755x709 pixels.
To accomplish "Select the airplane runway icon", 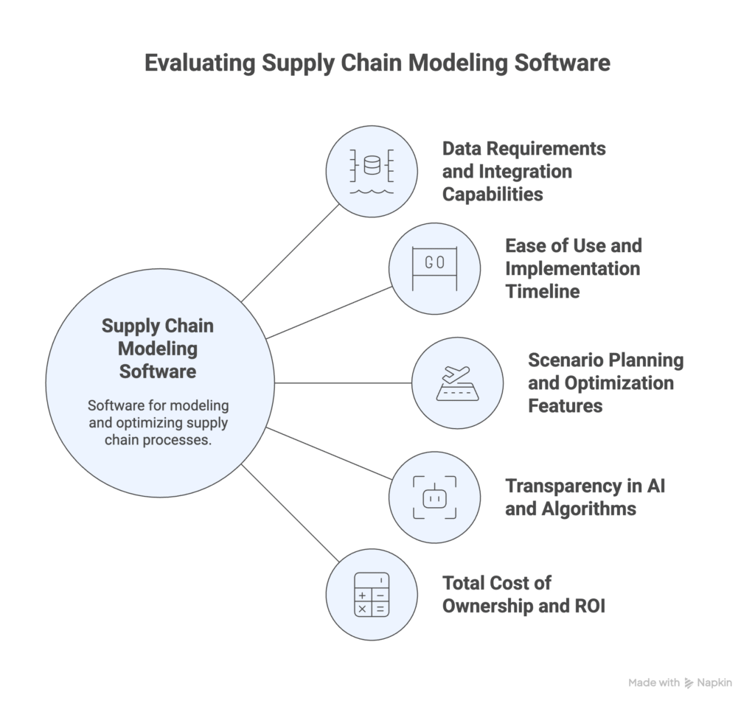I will point(457,383).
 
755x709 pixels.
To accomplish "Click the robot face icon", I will point(434,497).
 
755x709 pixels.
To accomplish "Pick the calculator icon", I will point(372,594).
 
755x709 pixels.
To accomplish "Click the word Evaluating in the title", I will point(199,63).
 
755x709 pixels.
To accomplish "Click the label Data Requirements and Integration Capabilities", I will point(523,172).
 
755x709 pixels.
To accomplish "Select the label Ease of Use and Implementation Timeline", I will point(573,268).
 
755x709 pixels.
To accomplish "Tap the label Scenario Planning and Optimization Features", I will point(605,383).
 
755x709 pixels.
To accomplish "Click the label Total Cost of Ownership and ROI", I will point(523,594).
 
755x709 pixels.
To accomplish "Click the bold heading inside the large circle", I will point(159,348).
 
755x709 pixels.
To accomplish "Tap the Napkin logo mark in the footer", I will point(690,682).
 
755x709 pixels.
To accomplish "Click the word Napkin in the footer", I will point(716,682).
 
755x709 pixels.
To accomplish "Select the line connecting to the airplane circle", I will point(342,383).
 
